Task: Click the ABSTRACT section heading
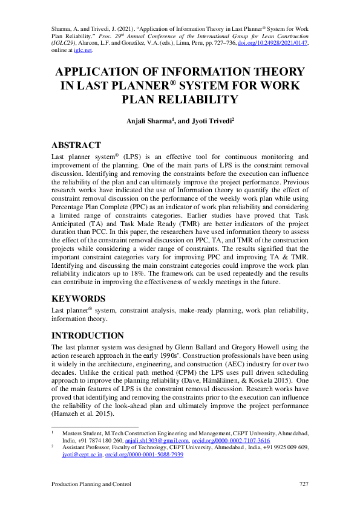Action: click(76, 146)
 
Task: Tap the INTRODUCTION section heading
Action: click(88, 336)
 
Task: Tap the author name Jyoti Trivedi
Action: click(207, 121)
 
